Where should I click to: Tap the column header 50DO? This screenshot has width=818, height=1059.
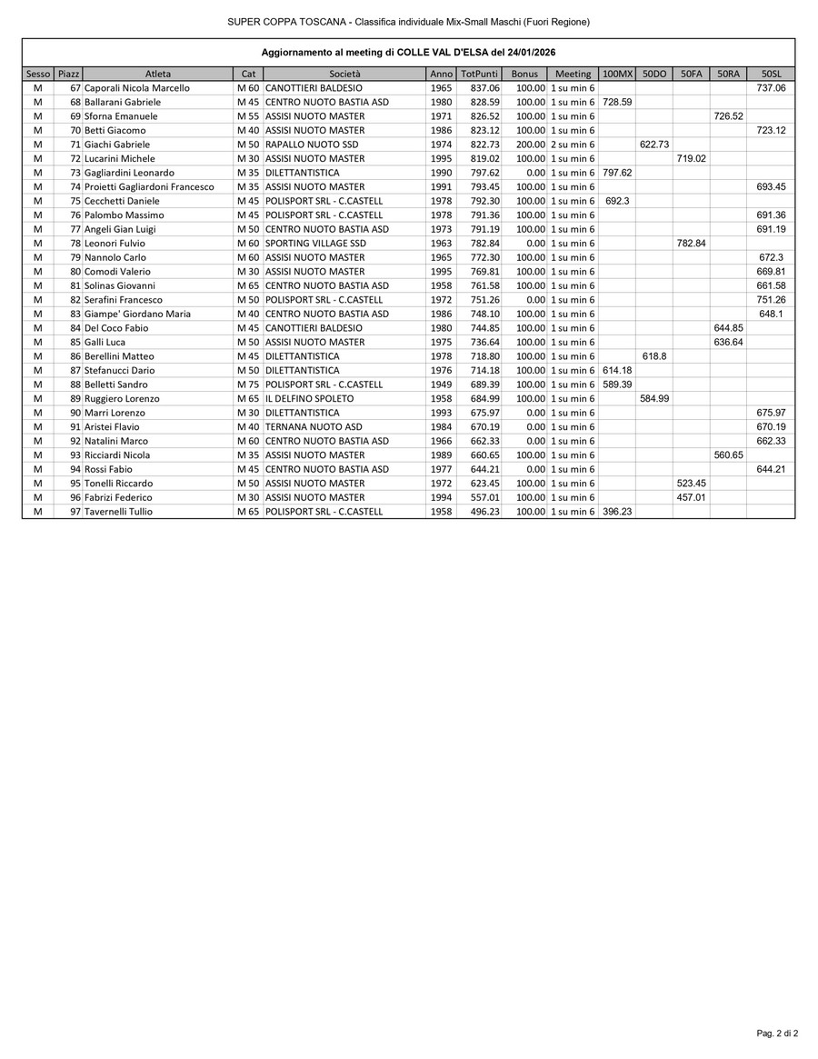653,74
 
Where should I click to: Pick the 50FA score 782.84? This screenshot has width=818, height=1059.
691,244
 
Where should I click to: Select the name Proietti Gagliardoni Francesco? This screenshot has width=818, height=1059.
149,187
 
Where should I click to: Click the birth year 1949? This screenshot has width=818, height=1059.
441,385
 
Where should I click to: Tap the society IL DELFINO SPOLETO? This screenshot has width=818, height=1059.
308,399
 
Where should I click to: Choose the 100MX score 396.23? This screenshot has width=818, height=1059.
617,512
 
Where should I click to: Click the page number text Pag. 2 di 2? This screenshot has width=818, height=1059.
777,1034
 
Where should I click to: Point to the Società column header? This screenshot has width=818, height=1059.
344,74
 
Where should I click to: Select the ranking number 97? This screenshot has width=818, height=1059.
75,512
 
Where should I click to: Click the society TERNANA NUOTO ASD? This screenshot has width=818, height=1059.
313,427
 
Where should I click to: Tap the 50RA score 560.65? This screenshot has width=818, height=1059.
728,455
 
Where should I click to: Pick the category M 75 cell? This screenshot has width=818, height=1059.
247,385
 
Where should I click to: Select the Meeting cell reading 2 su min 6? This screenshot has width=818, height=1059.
573,145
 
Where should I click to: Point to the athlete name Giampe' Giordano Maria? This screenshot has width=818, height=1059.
137,314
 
